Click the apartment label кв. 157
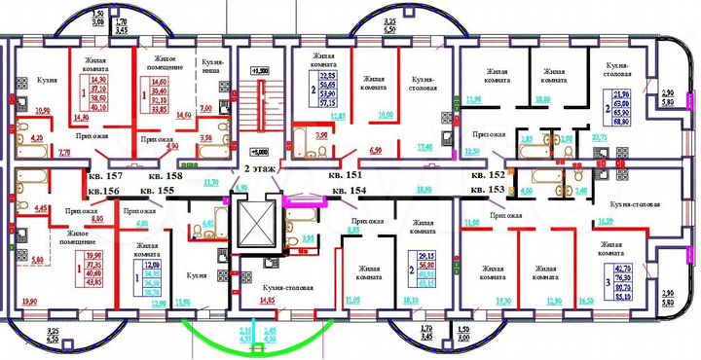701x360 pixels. [107, 176]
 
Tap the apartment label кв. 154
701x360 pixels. [348, 191]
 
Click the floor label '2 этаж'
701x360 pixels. [258, 169]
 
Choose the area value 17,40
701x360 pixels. [424, 147]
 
